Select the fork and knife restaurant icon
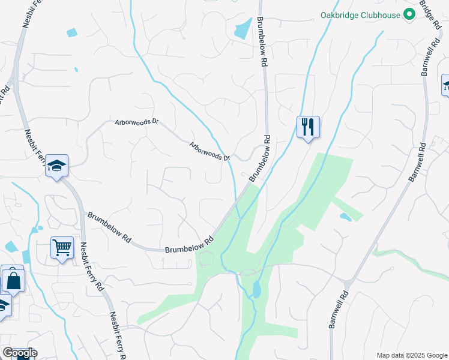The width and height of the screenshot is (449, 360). pos(308,127)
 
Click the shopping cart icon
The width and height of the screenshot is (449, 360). pos(62,247)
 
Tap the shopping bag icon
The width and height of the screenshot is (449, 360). pos(13,279)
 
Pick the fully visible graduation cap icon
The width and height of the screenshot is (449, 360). pos(56,166)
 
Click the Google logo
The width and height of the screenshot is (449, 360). pos(19,353)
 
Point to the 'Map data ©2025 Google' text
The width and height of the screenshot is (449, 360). pos(411,355)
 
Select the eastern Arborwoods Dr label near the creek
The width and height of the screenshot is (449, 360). pos(210,151)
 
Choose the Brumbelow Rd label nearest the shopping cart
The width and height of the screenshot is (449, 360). pos(109,227)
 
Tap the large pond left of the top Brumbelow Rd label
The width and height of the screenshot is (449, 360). pos(243,29)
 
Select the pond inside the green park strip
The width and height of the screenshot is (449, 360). pos(257,290)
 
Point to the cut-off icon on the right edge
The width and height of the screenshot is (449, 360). pos(445,85)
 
